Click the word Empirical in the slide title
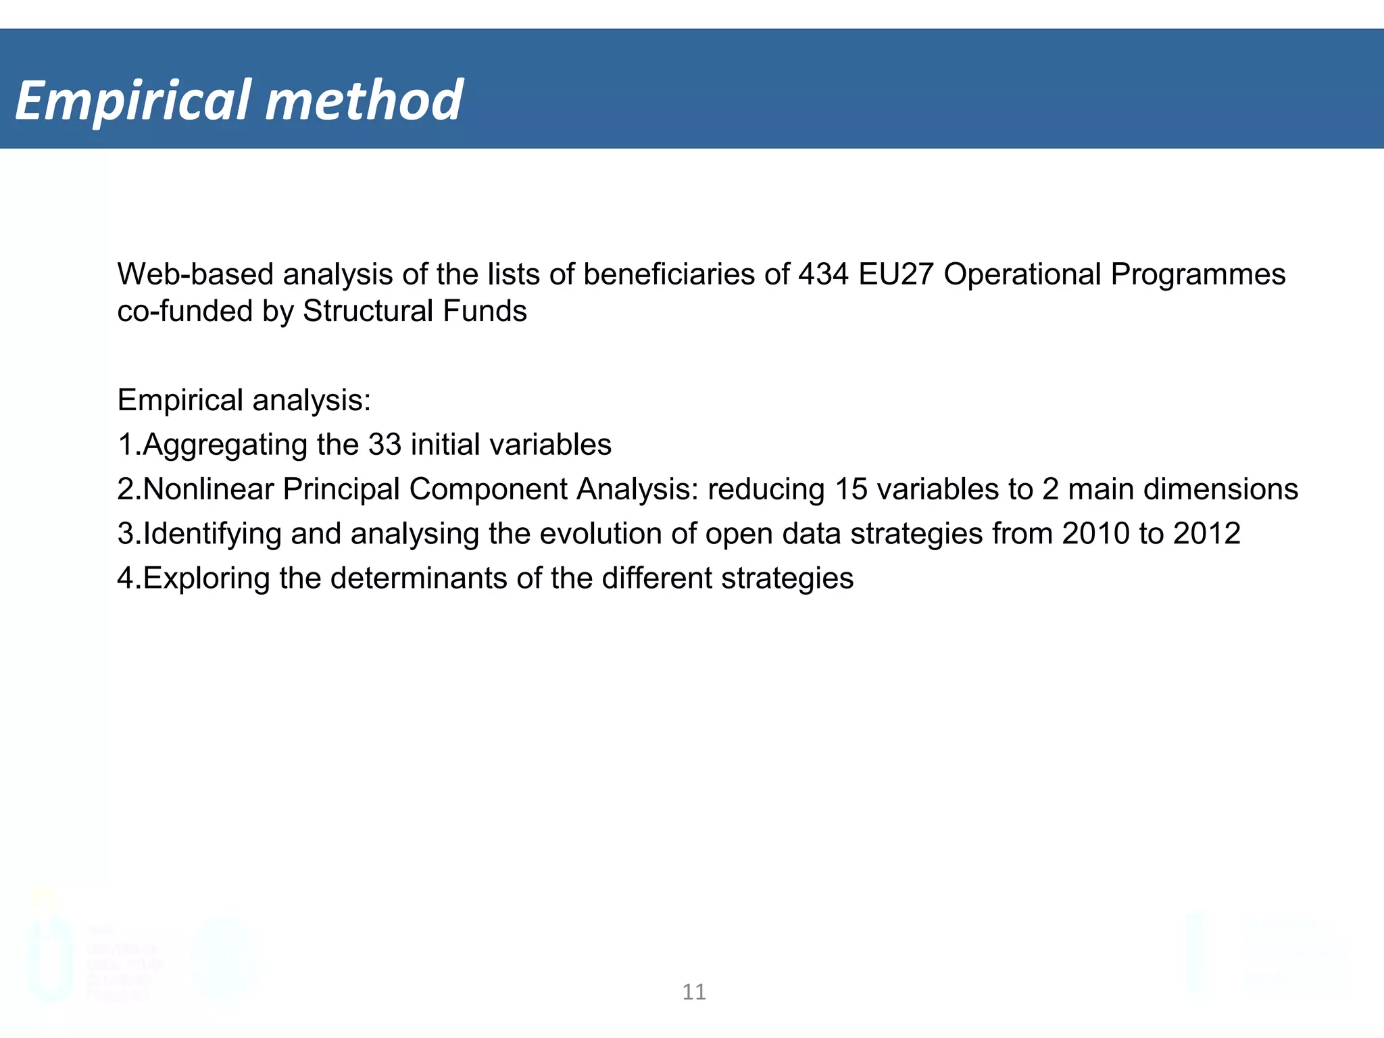(x=133, y=101)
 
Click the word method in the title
(x=364, y=100)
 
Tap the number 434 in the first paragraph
(x=822, y=274)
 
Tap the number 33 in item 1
(x=385, y=445)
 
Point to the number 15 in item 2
(x=851, y=489)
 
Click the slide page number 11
(x=694, y=992)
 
